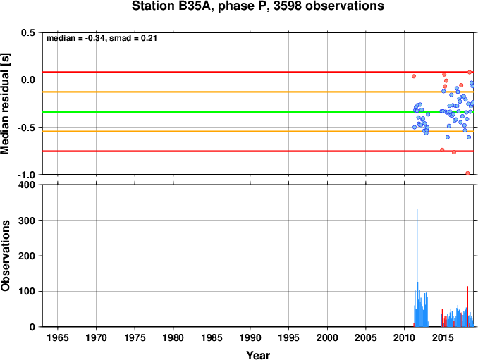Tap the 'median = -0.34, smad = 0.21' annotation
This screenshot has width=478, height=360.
pos(102,38)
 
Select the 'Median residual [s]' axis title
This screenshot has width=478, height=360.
pos(5,104)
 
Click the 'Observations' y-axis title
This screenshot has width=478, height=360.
pos(5,256)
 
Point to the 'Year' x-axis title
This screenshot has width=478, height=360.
pos(258,355)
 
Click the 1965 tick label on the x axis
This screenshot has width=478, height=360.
pos(58,337)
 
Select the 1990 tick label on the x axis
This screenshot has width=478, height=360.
pos(250,337)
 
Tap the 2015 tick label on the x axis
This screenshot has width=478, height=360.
pos(443,337)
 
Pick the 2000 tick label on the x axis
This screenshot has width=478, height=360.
pos(327,337)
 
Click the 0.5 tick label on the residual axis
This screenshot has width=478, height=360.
pos(28,32)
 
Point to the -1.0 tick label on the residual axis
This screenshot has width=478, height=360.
pos(26,175)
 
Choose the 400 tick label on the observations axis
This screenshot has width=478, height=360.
pos(27,185)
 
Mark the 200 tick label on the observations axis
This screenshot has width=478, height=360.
pos(27,256)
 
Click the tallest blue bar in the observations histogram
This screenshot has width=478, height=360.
pos(417,268)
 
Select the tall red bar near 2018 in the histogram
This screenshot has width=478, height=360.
pos(467,306)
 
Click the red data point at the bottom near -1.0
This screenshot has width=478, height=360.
pos(467,173)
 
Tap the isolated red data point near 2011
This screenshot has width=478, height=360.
pos(414,76)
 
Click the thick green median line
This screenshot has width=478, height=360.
pos(258,112)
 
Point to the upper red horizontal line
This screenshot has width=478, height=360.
pos(258,72)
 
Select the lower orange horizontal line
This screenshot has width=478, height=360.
pos(258,132)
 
